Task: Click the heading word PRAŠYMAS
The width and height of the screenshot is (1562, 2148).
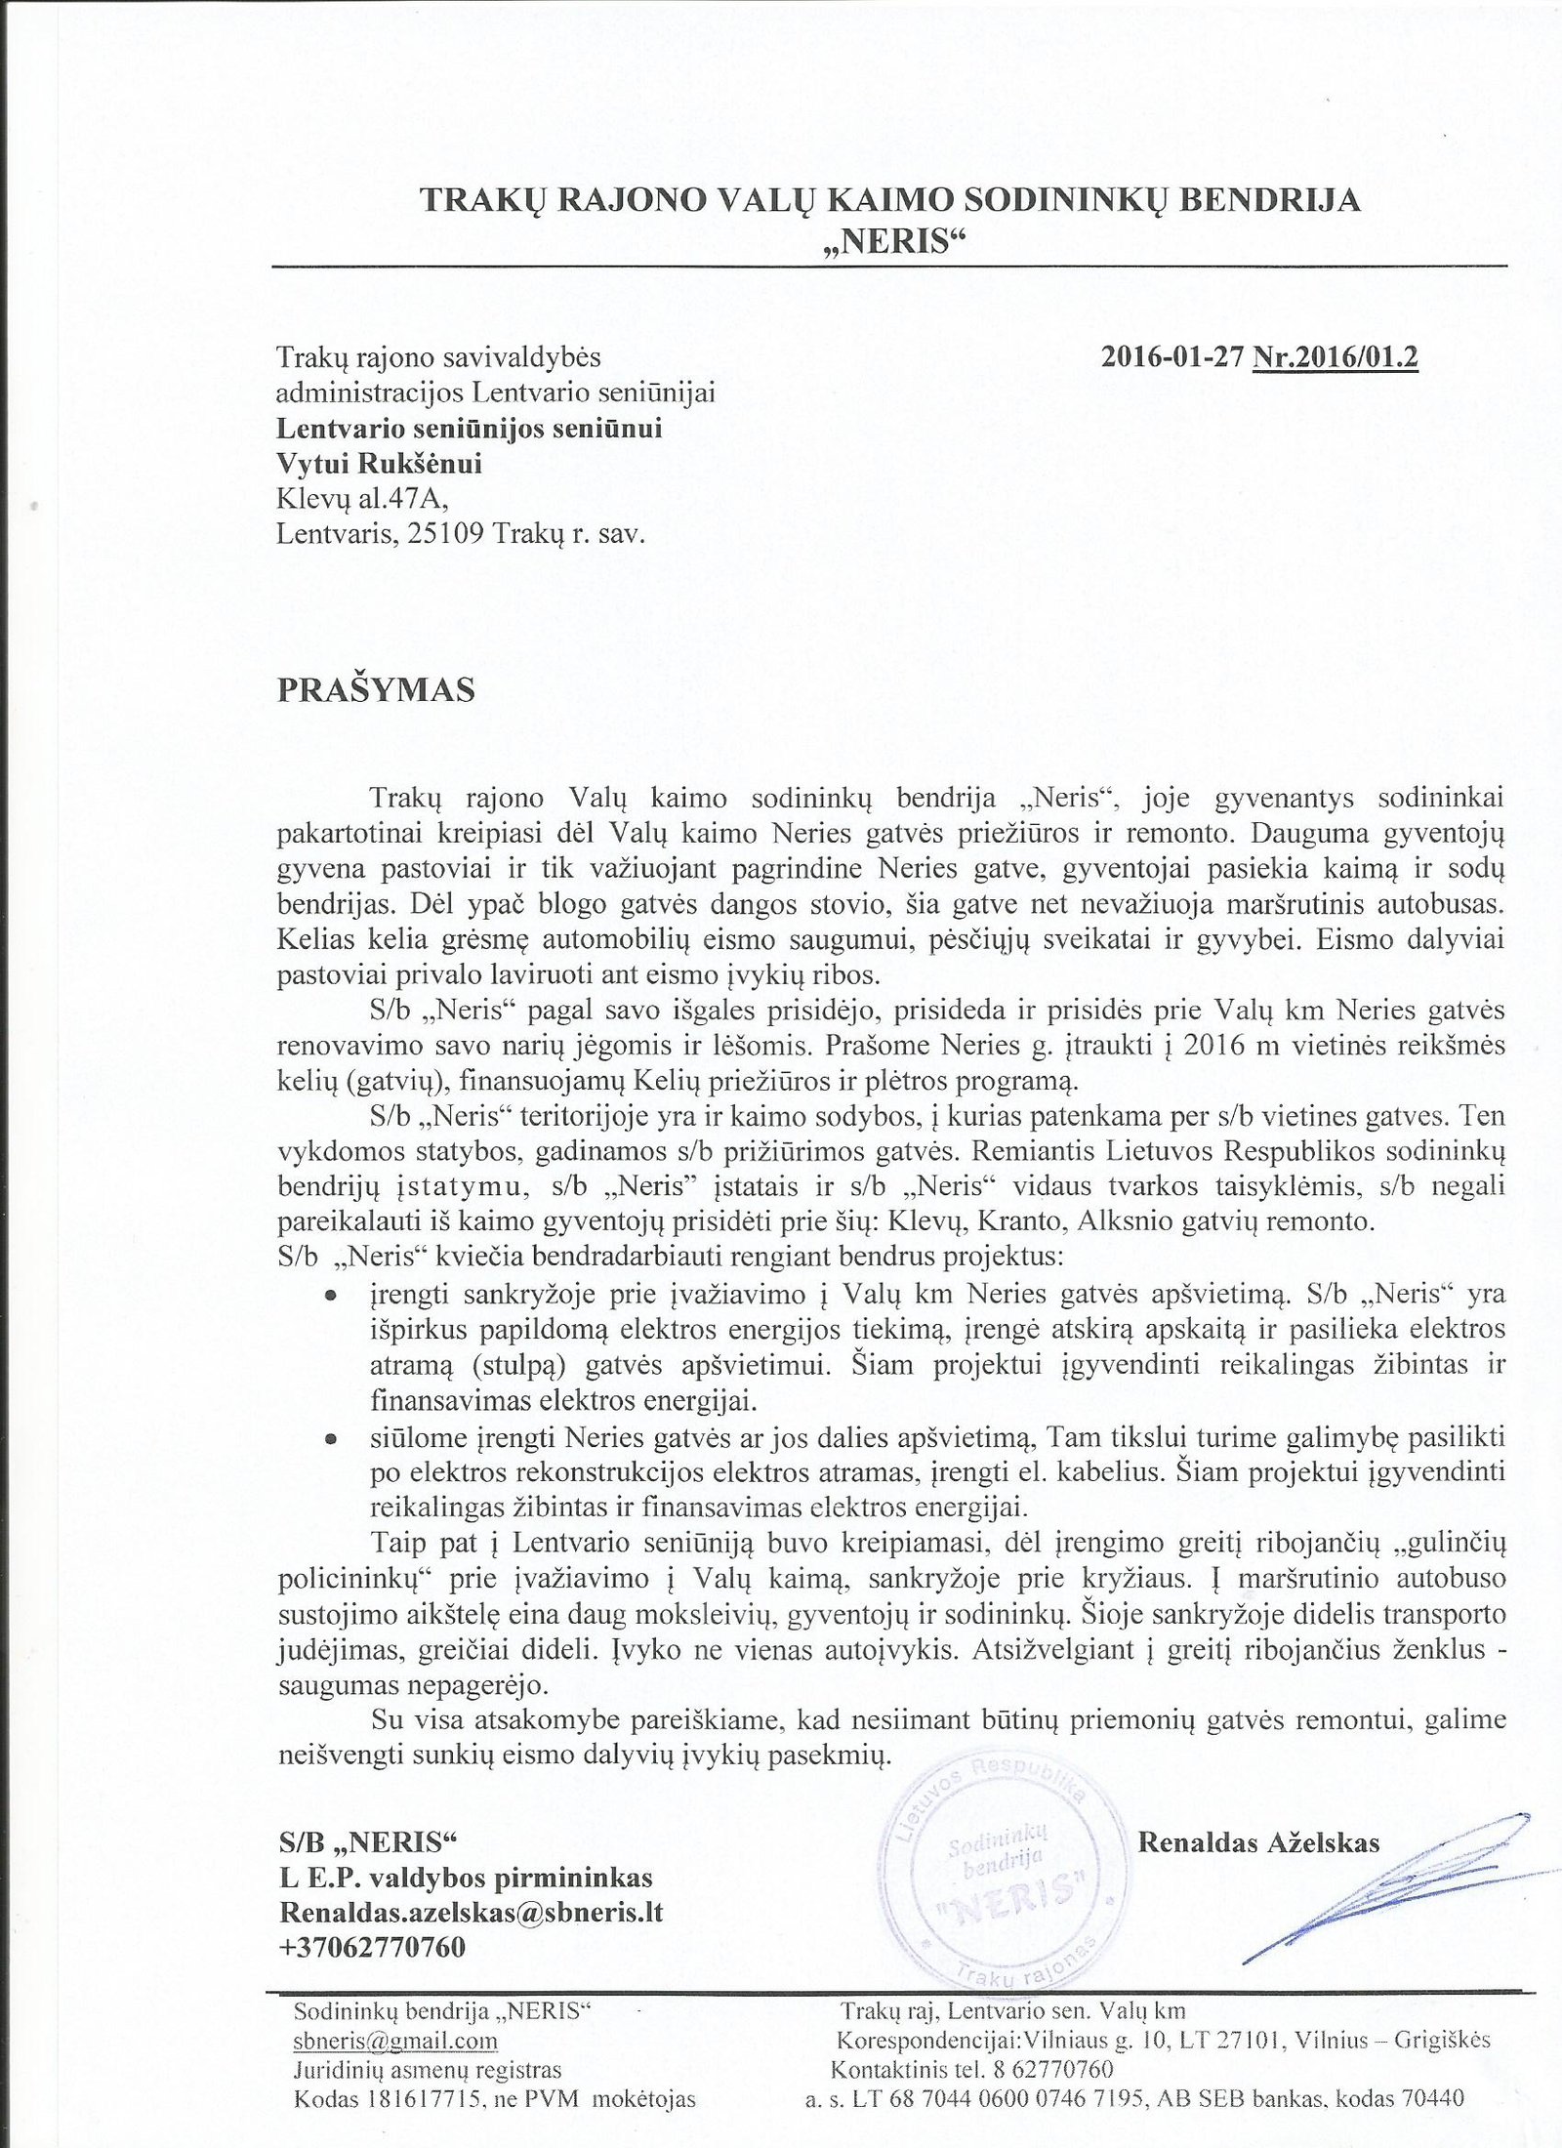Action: tap(377, 690)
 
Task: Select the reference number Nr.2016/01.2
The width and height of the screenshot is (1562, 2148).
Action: tap(1335, 356)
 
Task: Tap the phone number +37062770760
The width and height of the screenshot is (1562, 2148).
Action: tap(372, 1947)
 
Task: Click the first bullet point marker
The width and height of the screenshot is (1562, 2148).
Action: tap(331, 1296)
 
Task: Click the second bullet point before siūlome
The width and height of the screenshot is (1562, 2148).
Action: tap(331, 1439)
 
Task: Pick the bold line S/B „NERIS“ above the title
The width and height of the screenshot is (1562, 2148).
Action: tap(367, 1841)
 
